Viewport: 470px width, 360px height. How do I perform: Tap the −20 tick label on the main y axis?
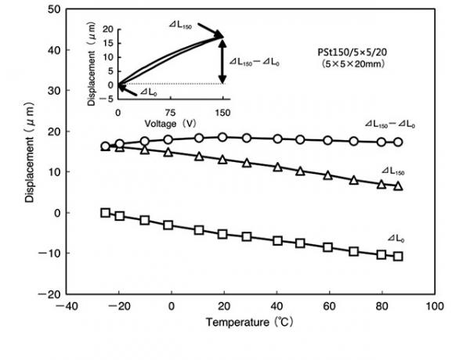point(49,293)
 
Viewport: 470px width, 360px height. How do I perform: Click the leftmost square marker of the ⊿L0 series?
point(106,212)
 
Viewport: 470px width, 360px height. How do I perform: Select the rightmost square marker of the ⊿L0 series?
point(398,256)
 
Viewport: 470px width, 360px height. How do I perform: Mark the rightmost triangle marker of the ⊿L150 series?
point(398,186)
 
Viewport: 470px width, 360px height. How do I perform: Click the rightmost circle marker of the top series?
point(398,142)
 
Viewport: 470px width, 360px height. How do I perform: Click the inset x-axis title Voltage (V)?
point(168,123)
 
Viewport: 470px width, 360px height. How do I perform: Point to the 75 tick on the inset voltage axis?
point(170,112)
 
